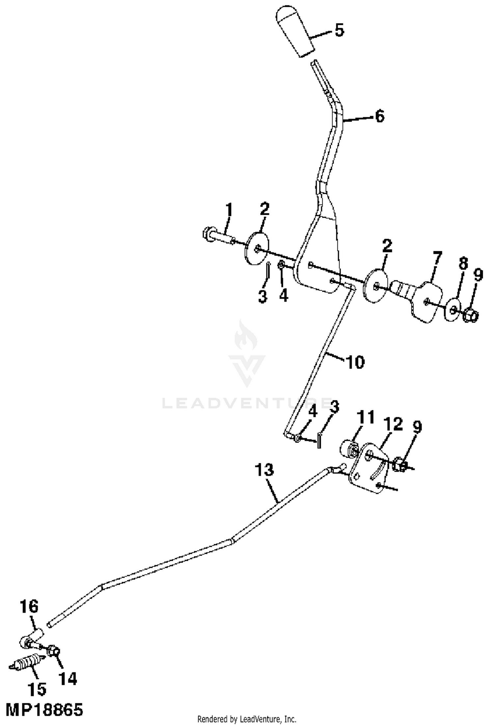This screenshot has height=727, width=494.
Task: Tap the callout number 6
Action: pyautogui.click(x=380, y=116)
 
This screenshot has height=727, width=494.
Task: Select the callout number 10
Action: pyautogui.click(x=355, y=362)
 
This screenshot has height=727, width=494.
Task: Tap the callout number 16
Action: pyautogui.click(x=29, y=606)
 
